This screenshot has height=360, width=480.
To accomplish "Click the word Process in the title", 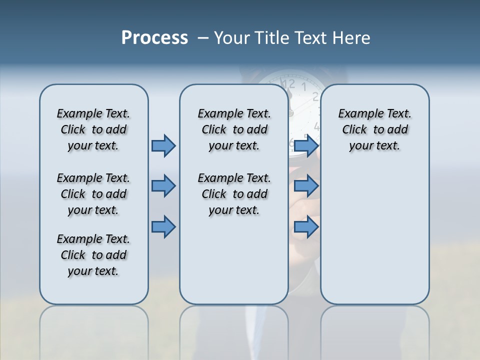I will click(x=154, y=38).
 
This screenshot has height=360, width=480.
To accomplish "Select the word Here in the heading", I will click(x=350, y=38).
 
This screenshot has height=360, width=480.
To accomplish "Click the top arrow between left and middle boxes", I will click(x=163, y=145).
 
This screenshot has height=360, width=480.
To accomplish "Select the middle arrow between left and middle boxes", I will click(x=163, y=186).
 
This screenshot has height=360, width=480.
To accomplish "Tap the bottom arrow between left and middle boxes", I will click(x=163, y=227).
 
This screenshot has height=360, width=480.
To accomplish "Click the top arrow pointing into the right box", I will click(x=306, y=145).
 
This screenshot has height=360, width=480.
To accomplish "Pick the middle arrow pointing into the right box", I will click(x=306, y=186).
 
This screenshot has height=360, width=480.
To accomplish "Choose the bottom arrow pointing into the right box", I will click(x=306, y=227).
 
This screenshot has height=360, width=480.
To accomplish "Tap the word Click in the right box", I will click(x=354, y=129).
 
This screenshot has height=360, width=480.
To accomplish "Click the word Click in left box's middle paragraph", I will click(x=73, y=194).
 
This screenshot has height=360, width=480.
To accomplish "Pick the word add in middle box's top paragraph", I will click(x=257, y=129).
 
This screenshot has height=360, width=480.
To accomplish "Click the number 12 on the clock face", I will click(x=288, y=83).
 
